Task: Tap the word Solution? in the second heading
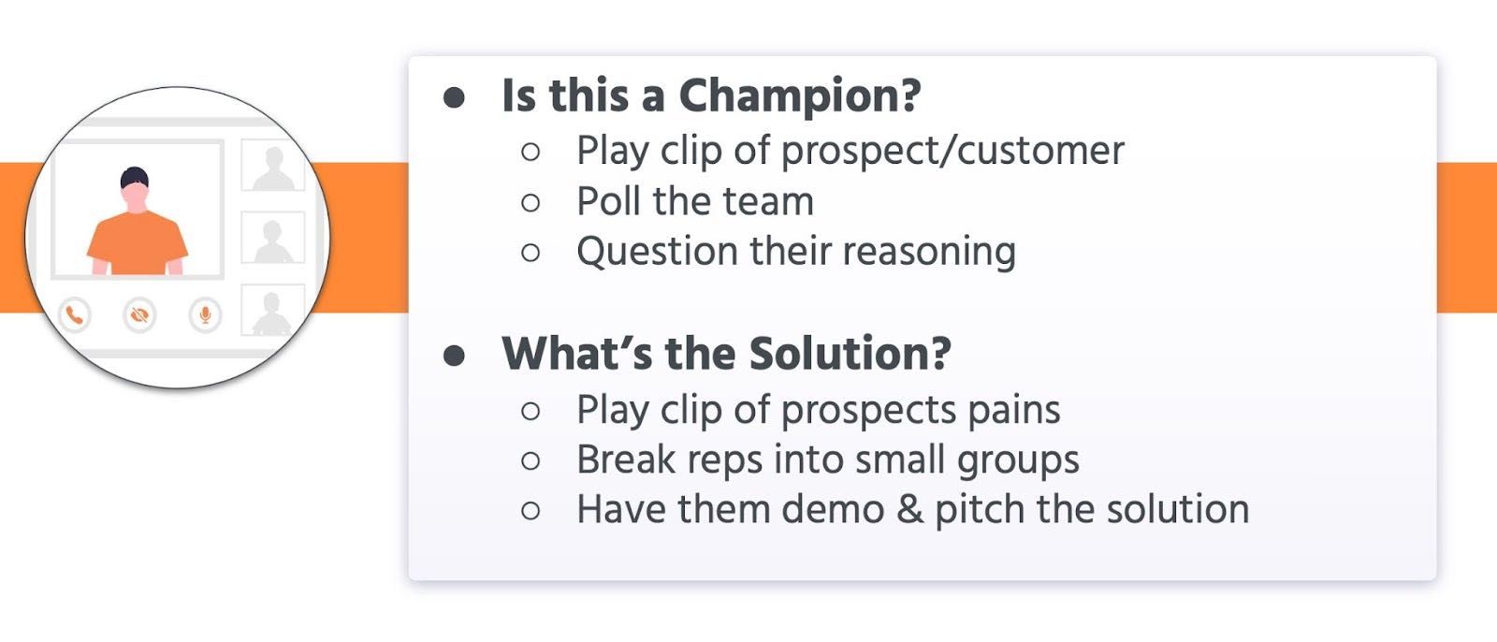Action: (850, 353)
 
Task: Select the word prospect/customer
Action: (952, 151)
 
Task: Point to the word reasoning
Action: (929, 253)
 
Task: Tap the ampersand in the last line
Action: (909, 510)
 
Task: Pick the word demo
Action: (833, 510)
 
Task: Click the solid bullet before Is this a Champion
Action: (454, 97)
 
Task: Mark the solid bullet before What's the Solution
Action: (454, 355)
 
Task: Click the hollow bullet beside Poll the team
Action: (530, 202)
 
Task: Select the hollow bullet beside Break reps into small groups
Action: (530, 460)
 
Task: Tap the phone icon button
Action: (75, 314)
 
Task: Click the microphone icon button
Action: (205, 314)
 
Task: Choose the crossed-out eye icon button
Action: (139, 314)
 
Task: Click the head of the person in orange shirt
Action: (136, 189)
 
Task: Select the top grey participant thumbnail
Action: (272, 165)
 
